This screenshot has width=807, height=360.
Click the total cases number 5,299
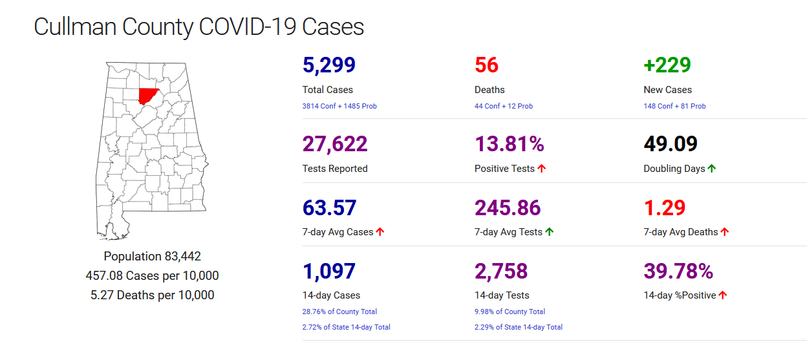click(x=329, y=65)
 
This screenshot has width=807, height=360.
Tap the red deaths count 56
click(x=486, y=65)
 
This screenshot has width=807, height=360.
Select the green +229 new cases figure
click(x=667, y=65)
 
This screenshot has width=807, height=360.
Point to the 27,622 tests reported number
click(x=335, y=143)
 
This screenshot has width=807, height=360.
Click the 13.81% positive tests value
click(x=510, y=143)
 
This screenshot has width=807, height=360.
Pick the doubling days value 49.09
click(x=671, y=143)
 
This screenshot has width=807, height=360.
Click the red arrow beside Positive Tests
click(x=542, y=169)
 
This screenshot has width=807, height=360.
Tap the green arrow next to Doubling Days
click(x=712, y=169)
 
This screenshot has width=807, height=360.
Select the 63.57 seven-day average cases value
click(x=329, y=207)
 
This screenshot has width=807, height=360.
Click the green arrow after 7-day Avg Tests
click(x=550, y=232)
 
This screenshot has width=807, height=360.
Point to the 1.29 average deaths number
click(x=664, y=207)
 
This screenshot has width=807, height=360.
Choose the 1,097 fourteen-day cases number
click(x=329, y=271)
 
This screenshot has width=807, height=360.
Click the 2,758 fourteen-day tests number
click(x=501, y=271)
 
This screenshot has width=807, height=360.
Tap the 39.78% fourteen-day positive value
click(x=678, y=271)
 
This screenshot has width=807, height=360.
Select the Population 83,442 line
click(x=153, y=256)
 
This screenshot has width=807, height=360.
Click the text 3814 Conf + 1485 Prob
click(x=339, y=106)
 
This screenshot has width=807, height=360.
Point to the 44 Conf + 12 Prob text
click(x=504, y=106)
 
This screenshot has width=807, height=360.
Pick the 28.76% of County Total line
click(x=339, y=312)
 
